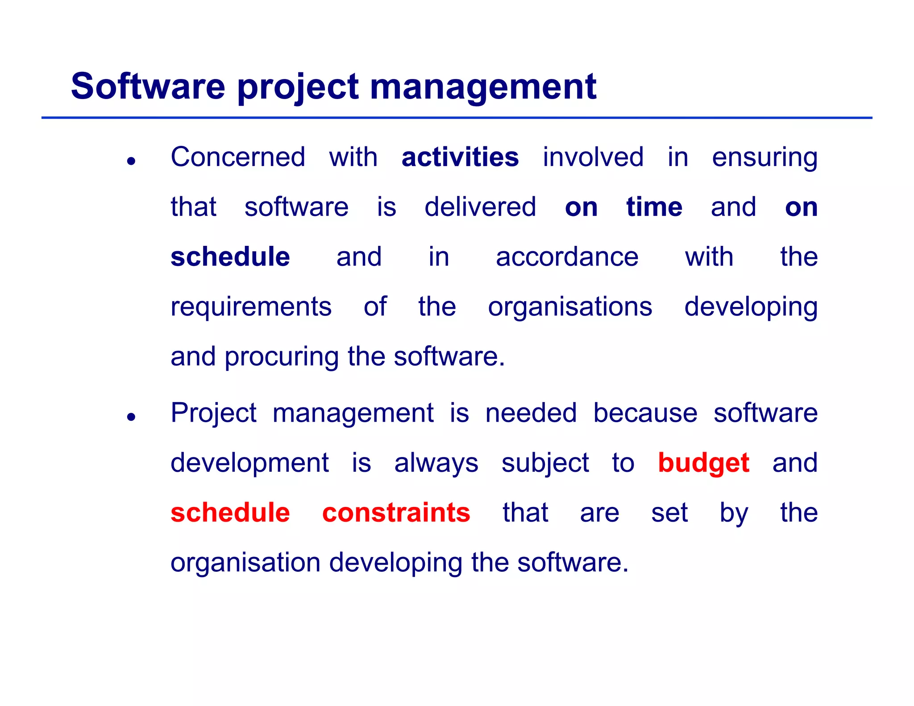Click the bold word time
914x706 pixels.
point(654,207)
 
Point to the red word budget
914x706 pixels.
point(703,463)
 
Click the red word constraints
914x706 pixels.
point(396,512)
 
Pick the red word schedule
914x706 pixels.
point(230,512)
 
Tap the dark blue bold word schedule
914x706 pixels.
point(230,257)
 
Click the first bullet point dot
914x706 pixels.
point(131,161)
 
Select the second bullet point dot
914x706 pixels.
point(131,417)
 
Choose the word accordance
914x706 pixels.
point(567,257)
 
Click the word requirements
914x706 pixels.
point(251,308)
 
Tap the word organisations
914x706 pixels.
point(570,308)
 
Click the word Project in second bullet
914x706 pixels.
point(213,414)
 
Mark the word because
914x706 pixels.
point(645,413)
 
